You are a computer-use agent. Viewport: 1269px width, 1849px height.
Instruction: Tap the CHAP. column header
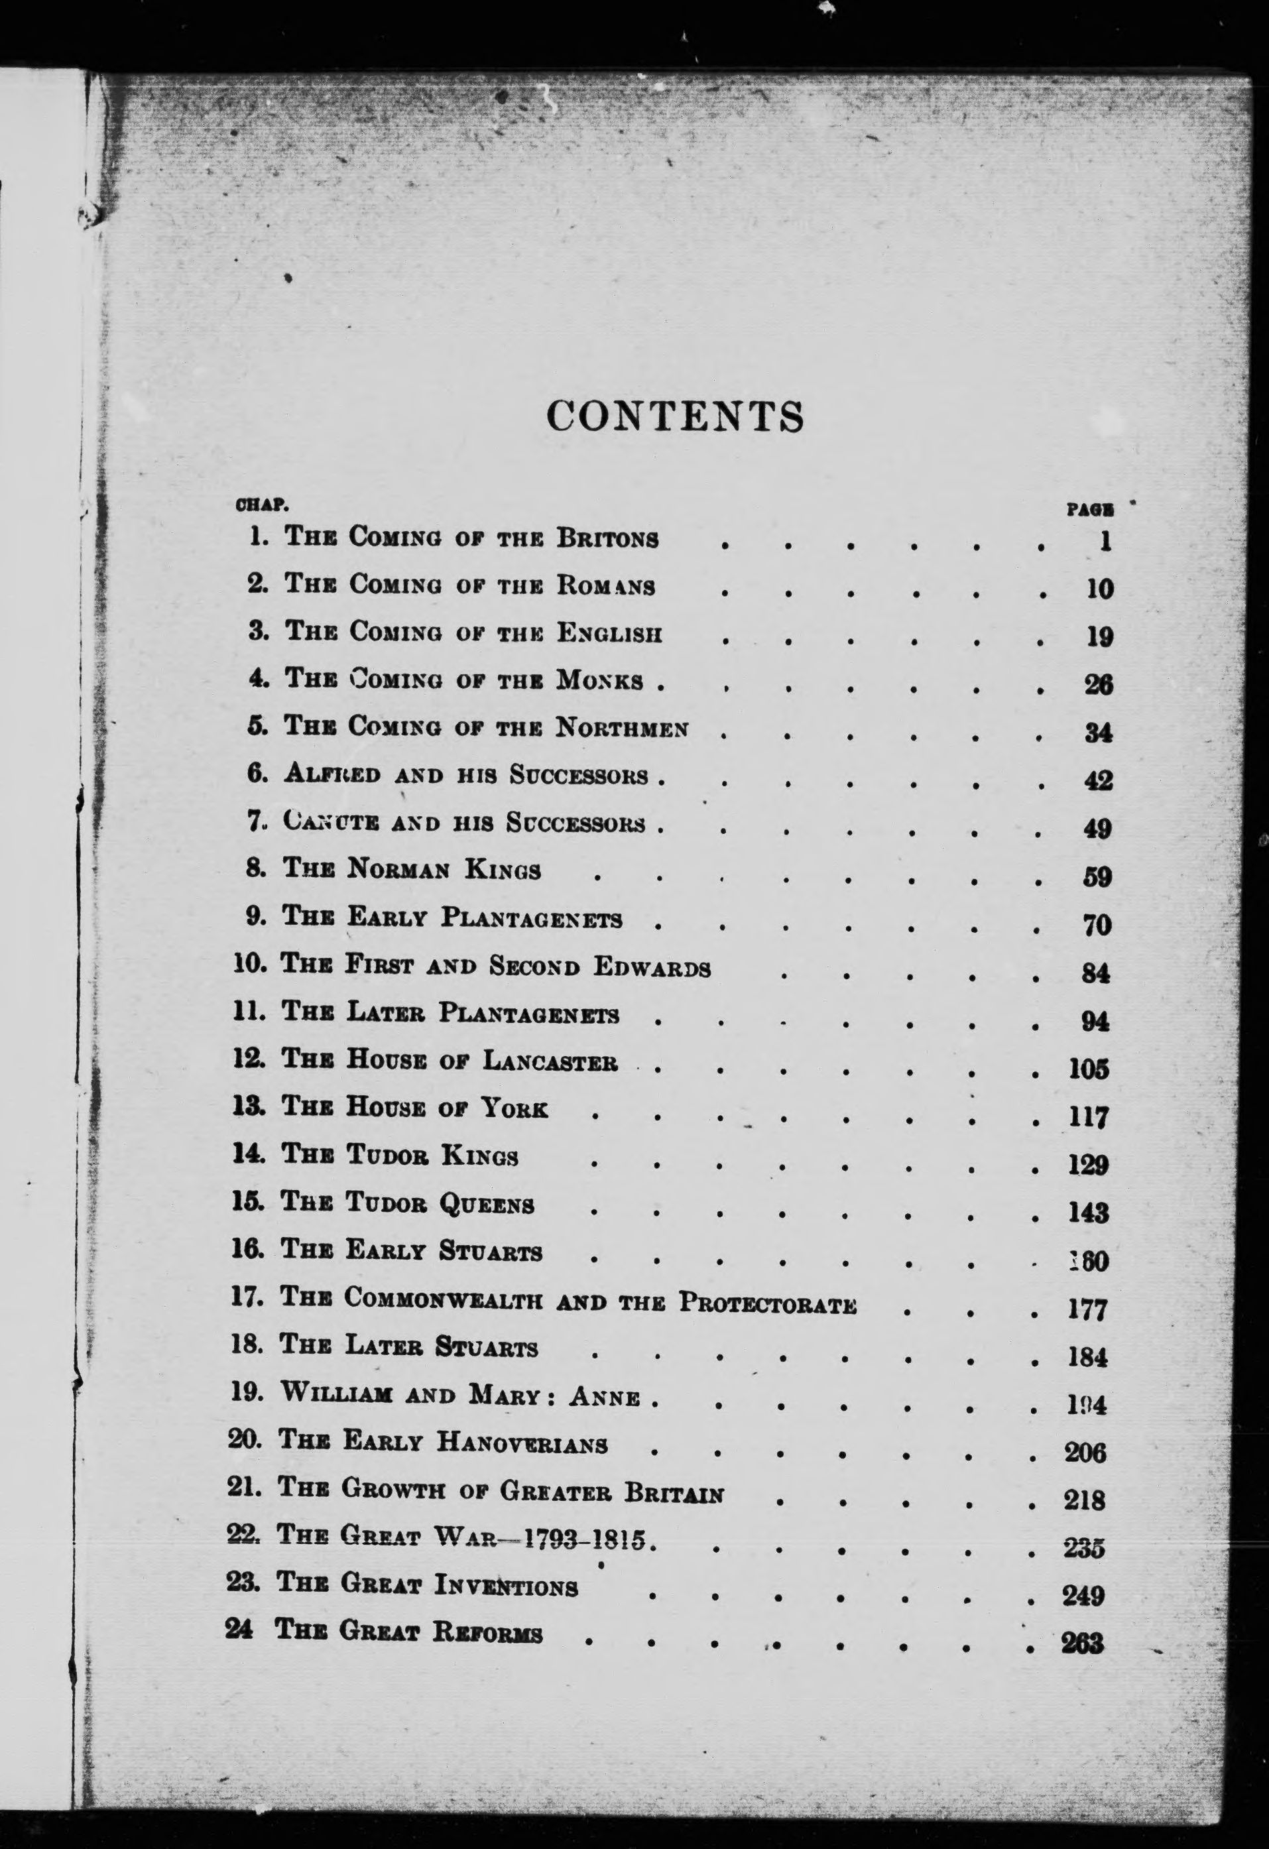[262, 505]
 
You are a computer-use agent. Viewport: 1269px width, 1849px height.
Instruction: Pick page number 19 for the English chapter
[1099, 636]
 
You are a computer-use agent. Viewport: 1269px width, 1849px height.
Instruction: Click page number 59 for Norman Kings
[1097, 878]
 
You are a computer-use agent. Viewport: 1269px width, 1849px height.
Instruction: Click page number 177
[1087, 1309]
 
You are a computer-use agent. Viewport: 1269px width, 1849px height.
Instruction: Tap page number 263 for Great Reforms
[1083, 1643]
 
